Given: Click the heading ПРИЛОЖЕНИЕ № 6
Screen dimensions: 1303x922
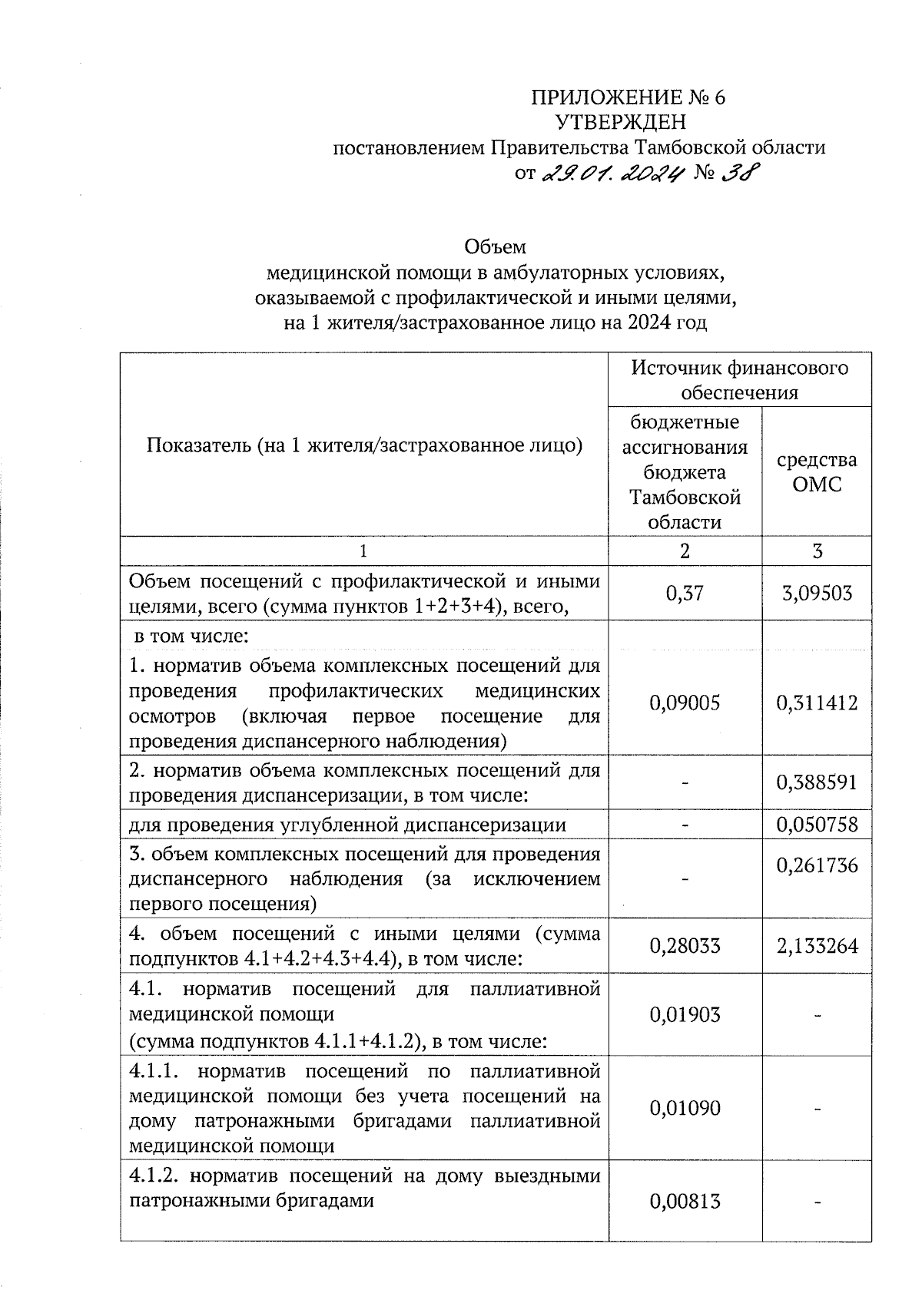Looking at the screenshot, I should (628, 98).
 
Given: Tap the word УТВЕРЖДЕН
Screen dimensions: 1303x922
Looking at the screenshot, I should (621, 122).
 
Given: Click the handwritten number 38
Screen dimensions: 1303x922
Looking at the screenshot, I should (738, 174).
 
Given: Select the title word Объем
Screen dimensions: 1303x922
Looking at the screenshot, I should (496, 247).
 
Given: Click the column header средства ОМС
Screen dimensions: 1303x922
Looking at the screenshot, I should (817, 471).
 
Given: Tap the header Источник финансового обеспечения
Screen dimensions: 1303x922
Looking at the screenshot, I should (740, 380).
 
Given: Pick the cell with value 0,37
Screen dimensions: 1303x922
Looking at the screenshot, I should (685, 593).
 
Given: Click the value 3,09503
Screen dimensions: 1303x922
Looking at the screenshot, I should (817, 593).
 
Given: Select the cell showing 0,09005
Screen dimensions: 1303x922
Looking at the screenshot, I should (685, 703).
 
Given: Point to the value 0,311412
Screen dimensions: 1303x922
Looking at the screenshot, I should (817, 703).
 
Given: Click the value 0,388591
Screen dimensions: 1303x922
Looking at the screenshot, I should (817, 782).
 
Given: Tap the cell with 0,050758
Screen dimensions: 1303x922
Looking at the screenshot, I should (817, 825).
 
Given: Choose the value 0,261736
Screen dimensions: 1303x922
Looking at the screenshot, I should (817, 866).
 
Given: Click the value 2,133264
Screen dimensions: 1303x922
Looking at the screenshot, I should (817, 946).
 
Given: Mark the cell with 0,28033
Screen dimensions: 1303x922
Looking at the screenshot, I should (685, 946).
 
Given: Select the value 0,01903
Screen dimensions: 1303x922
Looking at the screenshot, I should (685, 1015).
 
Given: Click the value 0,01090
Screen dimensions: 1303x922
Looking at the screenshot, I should (685, 1108).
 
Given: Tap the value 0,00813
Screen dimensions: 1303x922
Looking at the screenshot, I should (685, 1200).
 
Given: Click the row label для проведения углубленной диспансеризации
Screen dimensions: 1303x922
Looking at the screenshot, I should (347, 825).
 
